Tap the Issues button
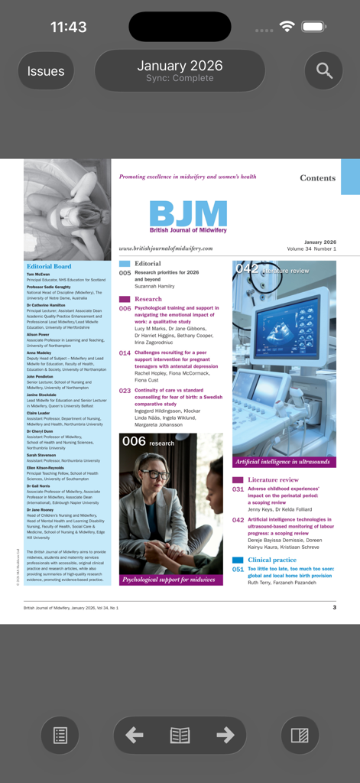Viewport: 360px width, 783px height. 46,71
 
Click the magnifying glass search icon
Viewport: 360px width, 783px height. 324,71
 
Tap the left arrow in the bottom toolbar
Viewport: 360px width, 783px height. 135,736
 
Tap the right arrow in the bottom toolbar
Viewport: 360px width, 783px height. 225,736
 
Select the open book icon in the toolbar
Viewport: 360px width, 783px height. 180,736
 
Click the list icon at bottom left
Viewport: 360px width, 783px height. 60,736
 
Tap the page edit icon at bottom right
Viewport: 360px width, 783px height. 300,736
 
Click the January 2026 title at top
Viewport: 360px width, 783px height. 180,66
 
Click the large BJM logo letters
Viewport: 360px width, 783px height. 188,213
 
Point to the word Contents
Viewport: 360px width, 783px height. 317,178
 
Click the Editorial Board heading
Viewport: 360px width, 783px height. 49,266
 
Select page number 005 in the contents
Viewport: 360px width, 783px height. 125,273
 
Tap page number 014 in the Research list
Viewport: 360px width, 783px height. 125,353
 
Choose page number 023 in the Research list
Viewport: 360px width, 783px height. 125,391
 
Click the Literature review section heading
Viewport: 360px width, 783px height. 273,479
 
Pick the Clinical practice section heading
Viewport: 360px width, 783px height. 272,560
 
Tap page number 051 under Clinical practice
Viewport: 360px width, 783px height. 238,570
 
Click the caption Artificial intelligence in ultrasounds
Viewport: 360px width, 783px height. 283,462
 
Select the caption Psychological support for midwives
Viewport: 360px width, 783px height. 170,580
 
